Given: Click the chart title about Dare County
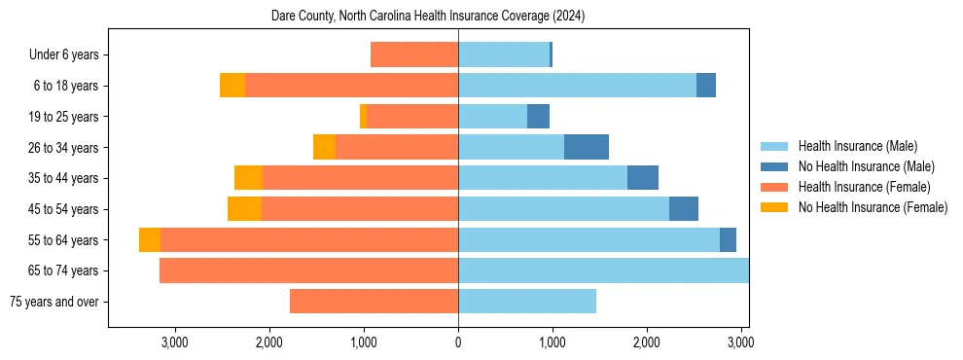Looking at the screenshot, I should point(428,17).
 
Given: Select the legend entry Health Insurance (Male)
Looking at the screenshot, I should point(856,147).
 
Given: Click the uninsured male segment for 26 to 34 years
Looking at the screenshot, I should point(587,147).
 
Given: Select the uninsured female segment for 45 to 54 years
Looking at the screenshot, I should point(244,209).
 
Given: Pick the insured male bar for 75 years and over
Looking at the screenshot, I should point(526,302).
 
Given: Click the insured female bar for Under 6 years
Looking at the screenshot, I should point(414,55).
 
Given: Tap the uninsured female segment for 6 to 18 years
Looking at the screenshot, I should point(232,86).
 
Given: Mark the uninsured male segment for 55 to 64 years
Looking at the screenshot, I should point(728,240).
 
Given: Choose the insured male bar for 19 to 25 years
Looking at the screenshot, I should point(492,117).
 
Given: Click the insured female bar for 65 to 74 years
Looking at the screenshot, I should point(308,270).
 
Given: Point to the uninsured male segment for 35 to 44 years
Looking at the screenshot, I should point(643,178).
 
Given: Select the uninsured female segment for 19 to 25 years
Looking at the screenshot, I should point(363,117).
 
